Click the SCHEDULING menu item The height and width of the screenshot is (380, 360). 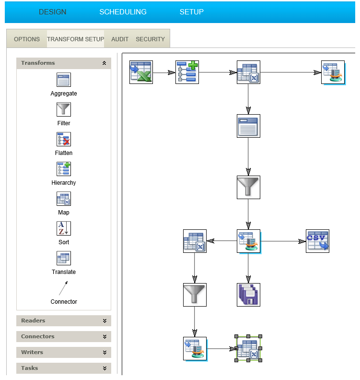coord(123,12)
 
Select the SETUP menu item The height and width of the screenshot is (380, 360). coord(191,12)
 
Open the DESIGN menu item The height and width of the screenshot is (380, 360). coord(53,12)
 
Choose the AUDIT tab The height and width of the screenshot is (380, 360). coord(120,39)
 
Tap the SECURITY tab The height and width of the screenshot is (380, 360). coord(150,39)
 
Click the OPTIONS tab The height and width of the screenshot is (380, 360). coord(27,39)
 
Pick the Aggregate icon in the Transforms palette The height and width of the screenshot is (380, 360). coord(64,80)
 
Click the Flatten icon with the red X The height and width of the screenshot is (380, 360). coord(64,139)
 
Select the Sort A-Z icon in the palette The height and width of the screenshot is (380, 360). coord(64,228)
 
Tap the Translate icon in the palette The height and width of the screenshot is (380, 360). coord(64,258)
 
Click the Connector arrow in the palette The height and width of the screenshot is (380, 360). coord(63,288)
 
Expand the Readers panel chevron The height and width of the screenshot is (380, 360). coord(105,321)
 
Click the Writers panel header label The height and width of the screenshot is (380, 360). coord(32,352)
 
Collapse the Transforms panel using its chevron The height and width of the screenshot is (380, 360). coord(105,63)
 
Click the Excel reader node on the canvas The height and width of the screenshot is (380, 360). coord(141,72)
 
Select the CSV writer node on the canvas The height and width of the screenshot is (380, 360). coord(317,241)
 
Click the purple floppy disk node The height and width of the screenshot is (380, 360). coord(248,295)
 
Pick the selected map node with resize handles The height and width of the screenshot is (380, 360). coord(248,348)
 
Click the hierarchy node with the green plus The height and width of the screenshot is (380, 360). coord(187,72)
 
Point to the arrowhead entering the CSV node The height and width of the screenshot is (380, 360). coord(302,241)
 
